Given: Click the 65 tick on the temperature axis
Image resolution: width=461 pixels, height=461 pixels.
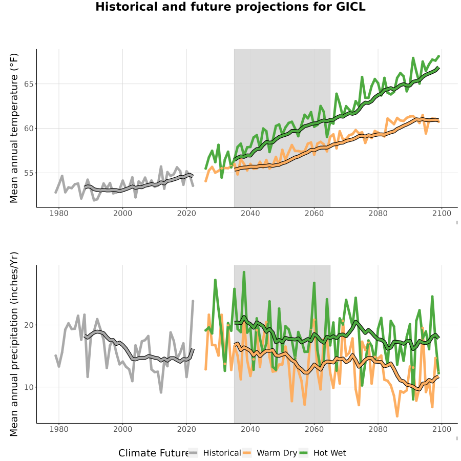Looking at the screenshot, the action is point(29,84).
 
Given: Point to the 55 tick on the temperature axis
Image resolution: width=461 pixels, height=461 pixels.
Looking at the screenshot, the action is point(29,173).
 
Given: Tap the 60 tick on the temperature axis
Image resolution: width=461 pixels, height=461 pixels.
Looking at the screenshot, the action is point(29,128).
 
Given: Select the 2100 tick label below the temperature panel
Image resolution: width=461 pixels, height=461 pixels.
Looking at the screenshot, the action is point(442,213).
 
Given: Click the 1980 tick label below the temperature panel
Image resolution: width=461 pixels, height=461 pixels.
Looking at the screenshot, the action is point(59,213).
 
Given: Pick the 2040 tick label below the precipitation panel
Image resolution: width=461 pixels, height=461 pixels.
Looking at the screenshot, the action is point(250,429).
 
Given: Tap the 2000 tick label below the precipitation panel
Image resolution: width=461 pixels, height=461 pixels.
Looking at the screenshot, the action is point(122,429).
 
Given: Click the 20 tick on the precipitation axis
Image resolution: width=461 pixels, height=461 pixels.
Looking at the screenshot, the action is point(29,325).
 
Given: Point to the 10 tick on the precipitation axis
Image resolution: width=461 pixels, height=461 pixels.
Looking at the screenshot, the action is point(29,387).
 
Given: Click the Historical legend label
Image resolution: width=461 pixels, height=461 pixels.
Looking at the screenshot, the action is point(222,453).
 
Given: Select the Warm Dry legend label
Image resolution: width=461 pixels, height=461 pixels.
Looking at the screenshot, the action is point(277,453).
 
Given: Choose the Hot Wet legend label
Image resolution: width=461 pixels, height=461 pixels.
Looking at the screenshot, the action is point(329,453).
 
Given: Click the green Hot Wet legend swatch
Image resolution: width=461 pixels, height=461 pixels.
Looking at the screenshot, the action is point(303,453).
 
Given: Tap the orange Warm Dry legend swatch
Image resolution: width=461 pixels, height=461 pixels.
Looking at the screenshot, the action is point(247,453).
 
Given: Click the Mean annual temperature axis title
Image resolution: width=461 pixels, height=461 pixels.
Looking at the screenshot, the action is point(14,128).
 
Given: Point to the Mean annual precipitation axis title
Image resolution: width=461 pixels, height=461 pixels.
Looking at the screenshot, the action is point(14,344).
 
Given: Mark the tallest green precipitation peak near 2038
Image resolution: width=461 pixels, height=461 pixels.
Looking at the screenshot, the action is point(244,273).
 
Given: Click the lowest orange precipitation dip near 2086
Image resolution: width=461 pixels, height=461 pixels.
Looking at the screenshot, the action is point(397,416).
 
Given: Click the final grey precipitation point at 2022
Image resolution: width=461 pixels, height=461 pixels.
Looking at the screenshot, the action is point(193,301).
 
